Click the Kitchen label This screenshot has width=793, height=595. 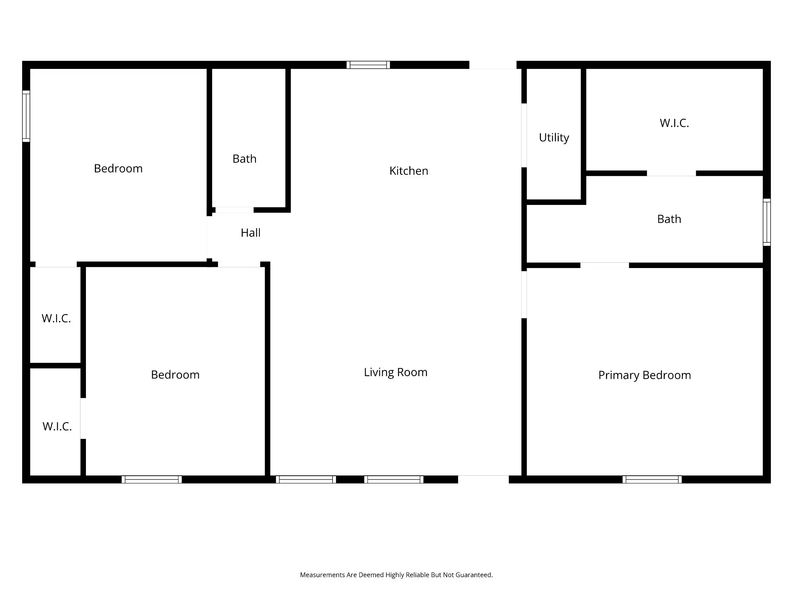click(x=409, y=171)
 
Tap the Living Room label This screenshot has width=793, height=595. click(x=395, y=372)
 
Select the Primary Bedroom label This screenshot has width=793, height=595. click(x=644, y=375)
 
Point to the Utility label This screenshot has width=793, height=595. click(x=554, y=138)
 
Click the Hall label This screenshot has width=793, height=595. click(x=251, y=233)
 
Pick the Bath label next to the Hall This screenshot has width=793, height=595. click(x=244, y=159)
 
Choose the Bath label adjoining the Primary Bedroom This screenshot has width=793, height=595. click(x=669, y=219)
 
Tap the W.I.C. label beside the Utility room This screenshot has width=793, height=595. click(x=674, y=123)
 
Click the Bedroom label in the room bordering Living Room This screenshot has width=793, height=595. click(x=175, y=375)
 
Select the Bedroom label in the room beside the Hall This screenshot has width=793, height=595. click(x=118, y=169)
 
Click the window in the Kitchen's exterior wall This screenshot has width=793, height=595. click(x=368, y=65)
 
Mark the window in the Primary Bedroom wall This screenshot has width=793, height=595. click(x=652, y=480)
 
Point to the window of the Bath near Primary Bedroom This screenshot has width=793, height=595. click(x=767, y=222)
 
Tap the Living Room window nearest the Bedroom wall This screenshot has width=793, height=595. click(x=306, y=480)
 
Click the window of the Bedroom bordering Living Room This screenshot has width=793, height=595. click(x=152, y=480)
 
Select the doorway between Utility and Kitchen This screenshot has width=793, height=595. click(x=524, y=135)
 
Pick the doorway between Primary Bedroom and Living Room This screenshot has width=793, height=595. click(x=524, y=294)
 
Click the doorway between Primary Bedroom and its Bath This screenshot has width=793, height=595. click(x=604, y=265)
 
